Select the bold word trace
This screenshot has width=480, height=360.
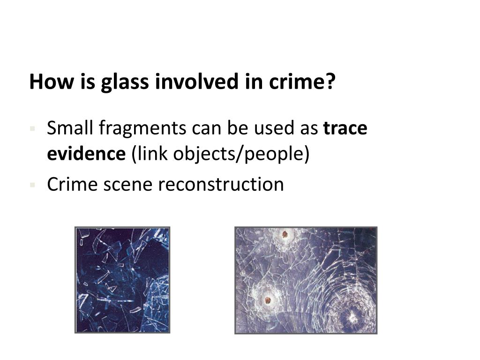[345, 128]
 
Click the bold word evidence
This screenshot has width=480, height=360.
[86, 153]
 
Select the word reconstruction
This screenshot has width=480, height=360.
[221, 185]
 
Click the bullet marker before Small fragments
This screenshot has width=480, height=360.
[32, 128]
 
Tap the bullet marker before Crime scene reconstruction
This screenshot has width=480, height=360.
[32, 185]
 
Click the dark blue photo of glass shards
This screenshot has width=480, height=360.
[122, 280]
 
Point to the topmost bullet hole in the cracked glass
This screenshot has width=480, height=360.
[284, 234]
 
